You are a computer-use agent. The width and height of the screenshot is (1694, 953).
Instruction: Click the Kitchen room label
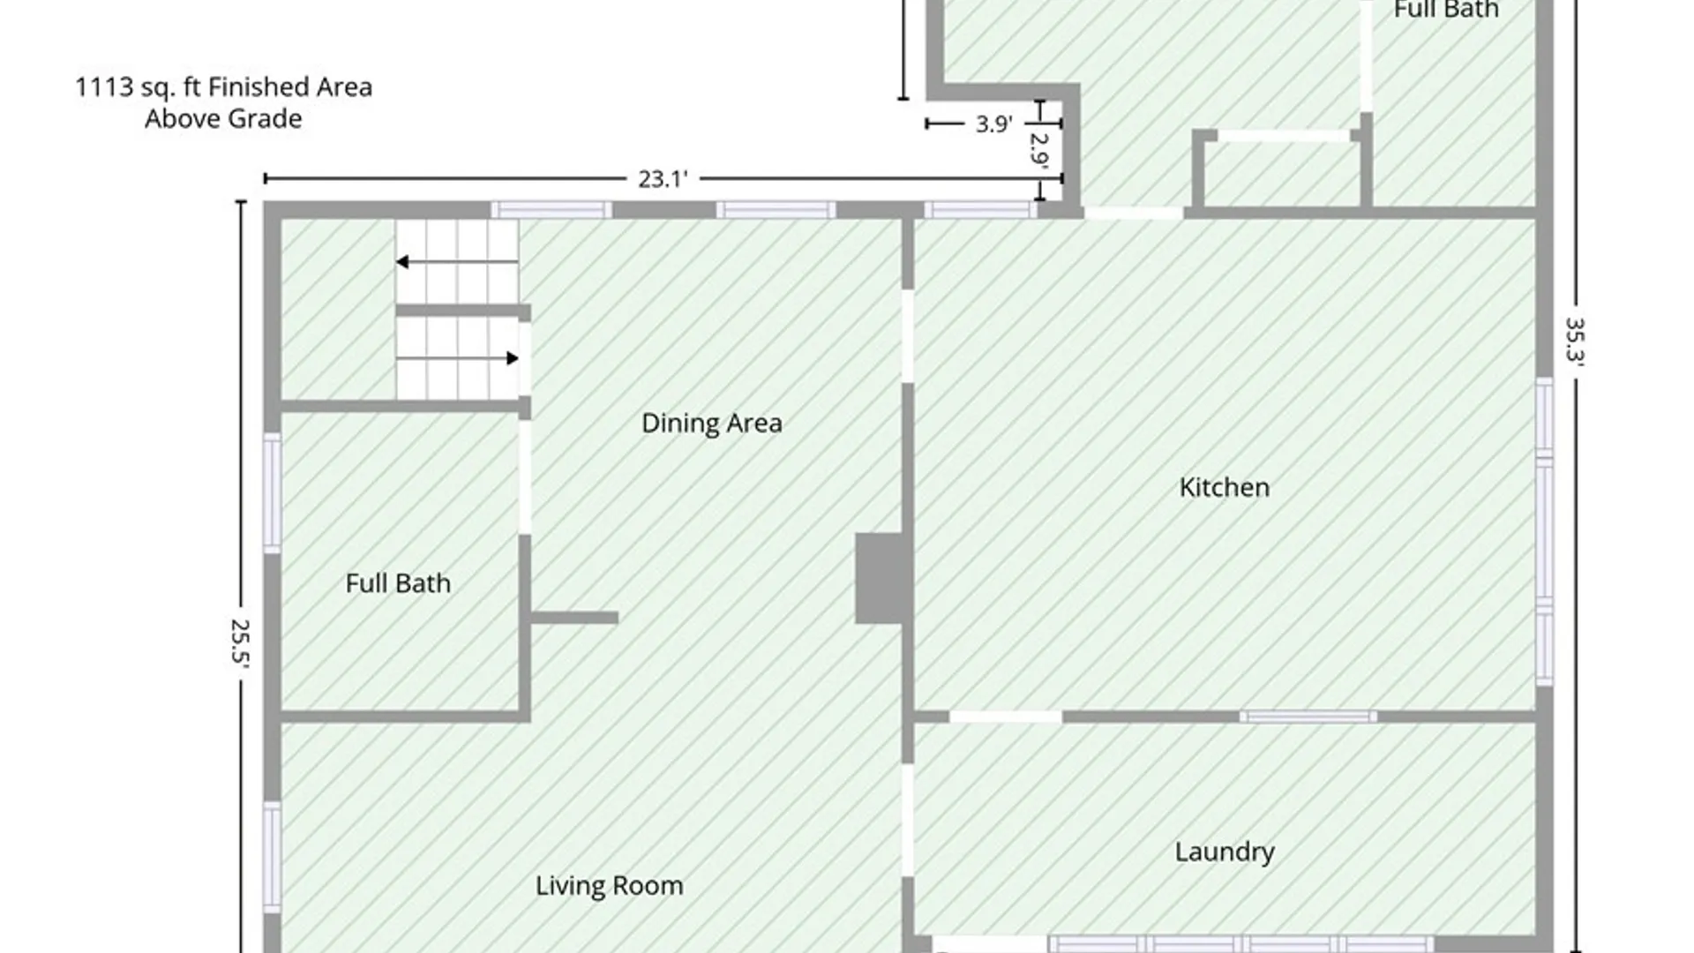point(1225,487)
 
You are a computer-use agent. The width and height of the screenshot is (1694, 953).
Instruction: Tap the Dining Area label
point(712,424)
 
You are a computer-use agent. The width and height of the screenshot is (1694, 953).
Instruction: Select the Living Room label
point(610,886)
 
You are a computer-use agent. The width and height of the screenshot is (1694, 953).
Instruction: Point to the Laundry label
point(1225,852)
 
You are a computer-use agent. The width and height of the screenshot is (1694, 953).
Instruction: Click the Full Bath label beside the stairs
point(398,583)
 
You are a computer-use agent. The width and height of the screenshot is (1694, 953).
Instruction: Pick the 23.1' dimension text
point(663,179)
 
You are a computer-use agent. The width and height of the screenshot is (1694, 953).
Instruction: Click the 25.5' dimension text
point(240,644)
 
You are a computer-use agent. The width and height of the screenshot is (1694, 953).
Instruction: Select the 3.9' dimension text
point(993,124)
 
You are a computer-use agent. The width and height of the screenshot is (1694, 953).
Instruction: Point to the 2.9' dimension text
point(1039,150)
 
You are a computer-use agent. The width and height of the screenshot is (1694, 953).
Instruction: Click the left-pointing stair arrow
point(456,262)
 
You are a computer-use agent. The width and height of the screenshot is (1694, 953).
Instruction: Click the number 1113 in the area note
point(103,87)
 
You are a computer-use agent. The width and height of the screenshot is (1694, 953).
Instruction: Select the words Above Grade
point(223,119)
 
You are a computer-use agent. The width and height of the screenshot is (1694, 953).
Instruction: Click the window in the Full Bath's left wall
point(273,493)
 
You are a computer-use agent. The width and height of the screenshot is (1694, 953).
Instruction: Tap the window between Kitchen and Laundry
point(1308,717)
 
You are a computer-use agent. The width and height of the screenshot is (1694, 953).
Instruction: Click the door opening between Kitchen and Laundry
point(1006,717)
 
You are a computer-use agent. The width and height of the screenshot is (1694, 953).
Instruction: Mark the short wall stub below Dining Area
point(574,618)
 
